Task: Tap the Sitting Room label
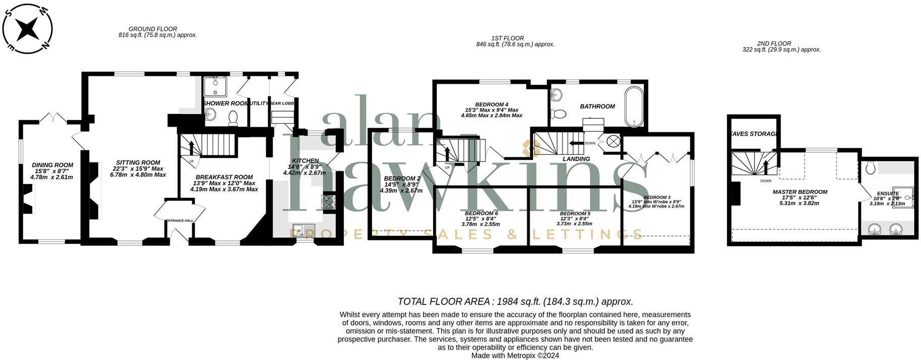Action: pos(138,163)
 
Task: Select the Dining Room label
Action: pos(53,165)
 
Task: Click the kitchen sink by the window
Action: pos(303,230)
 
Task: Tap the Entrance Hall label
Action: pos(180,220)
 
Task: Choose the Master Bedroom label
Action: pos(800,192)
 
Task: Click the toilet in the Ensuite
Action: pos(870,168)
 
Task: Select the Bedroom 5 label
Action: pos(575,214)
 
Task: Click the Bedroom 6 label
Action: pos(481,213)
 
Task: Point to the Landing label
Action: pos(576,159)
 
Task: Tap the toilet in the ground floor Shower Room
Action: pos(233,118)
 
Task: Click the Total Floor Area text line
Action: pos(515,301)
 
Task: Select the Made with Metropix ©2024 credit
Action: pos(515,355)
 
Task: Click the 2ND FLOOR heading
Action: pos(774,43)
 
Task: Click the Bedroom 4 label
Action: pos(491,105)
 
